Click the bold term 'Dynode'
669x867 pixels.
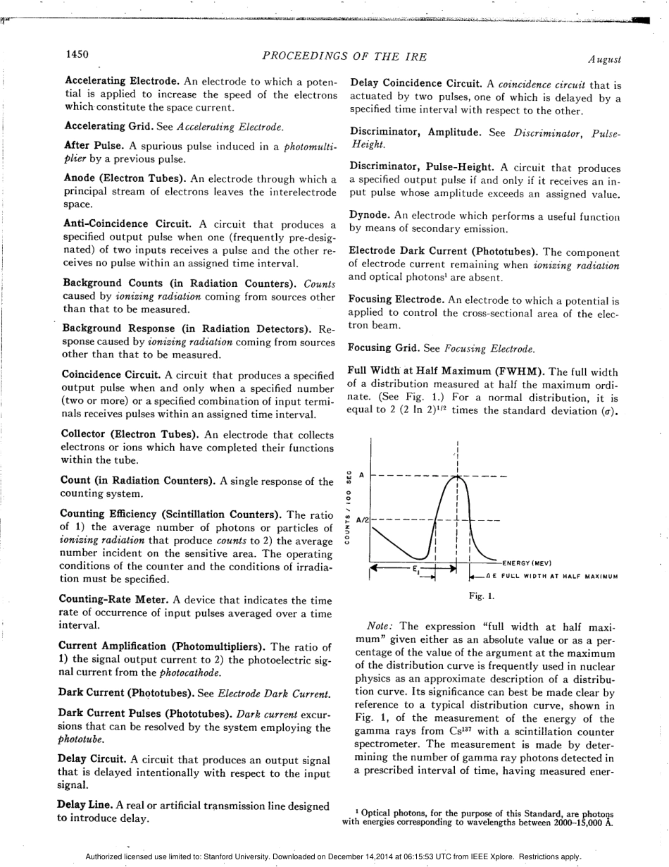(x=370, y=216)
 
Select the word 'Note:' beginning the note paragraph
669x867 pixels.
(x=380, y=627)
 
